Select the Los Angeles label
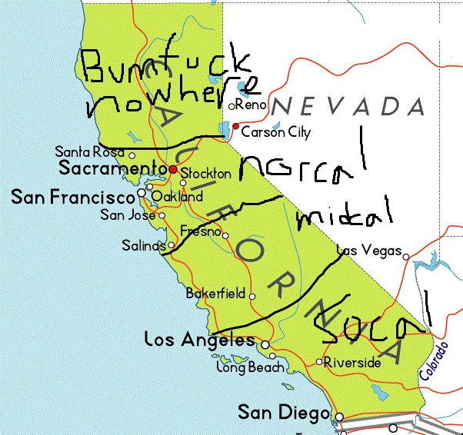tap(200, 340)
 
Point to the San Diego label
tap(283, 413)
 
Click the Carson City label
tap(276, 133)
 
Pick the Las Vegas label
tap(370, 251)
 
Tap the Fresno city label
tap(200, 231)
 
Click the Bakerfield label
tap(215, 294)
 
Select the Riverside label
tap(352, 362)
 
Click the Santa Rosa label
tap(90, 153)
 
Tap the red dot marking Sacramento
tap(174, 169)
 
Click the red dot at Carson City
tap(236, 126)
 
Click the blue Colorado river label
tap(435, 360)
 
